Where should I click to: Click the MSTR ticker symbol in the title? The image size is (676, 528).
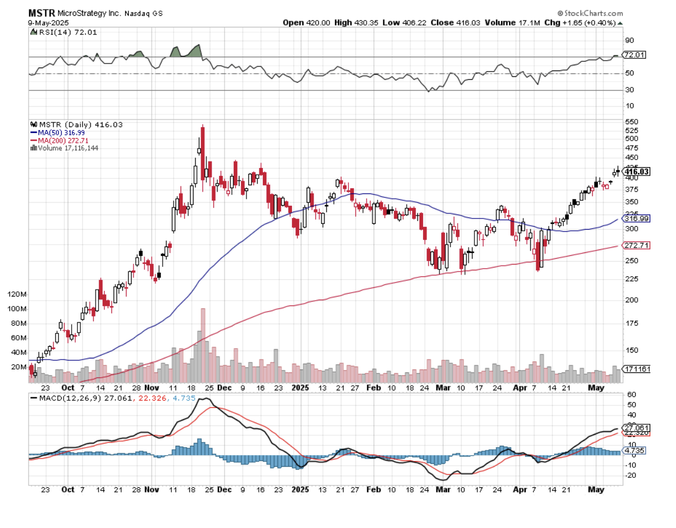(x=42, y=13)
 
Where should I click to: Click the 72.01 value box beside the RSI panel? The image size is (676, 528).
(x=635, y=55)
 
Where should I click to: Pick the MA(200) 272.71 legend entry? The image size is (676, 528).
(x=63, y=140)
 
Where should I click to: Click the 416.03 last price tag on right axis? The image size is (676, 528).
(x=636, y=171)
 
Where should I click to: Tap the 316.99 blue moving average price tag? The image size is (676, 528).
(x=636, y=219)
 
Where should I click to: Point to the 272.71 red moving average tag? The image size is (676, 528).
(x=636, y=245)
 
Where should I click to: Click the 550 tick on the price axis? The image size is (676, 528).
(x=631, y=121)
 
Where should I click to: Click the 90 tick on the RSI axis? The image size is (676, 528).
(x=629, y=40)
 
